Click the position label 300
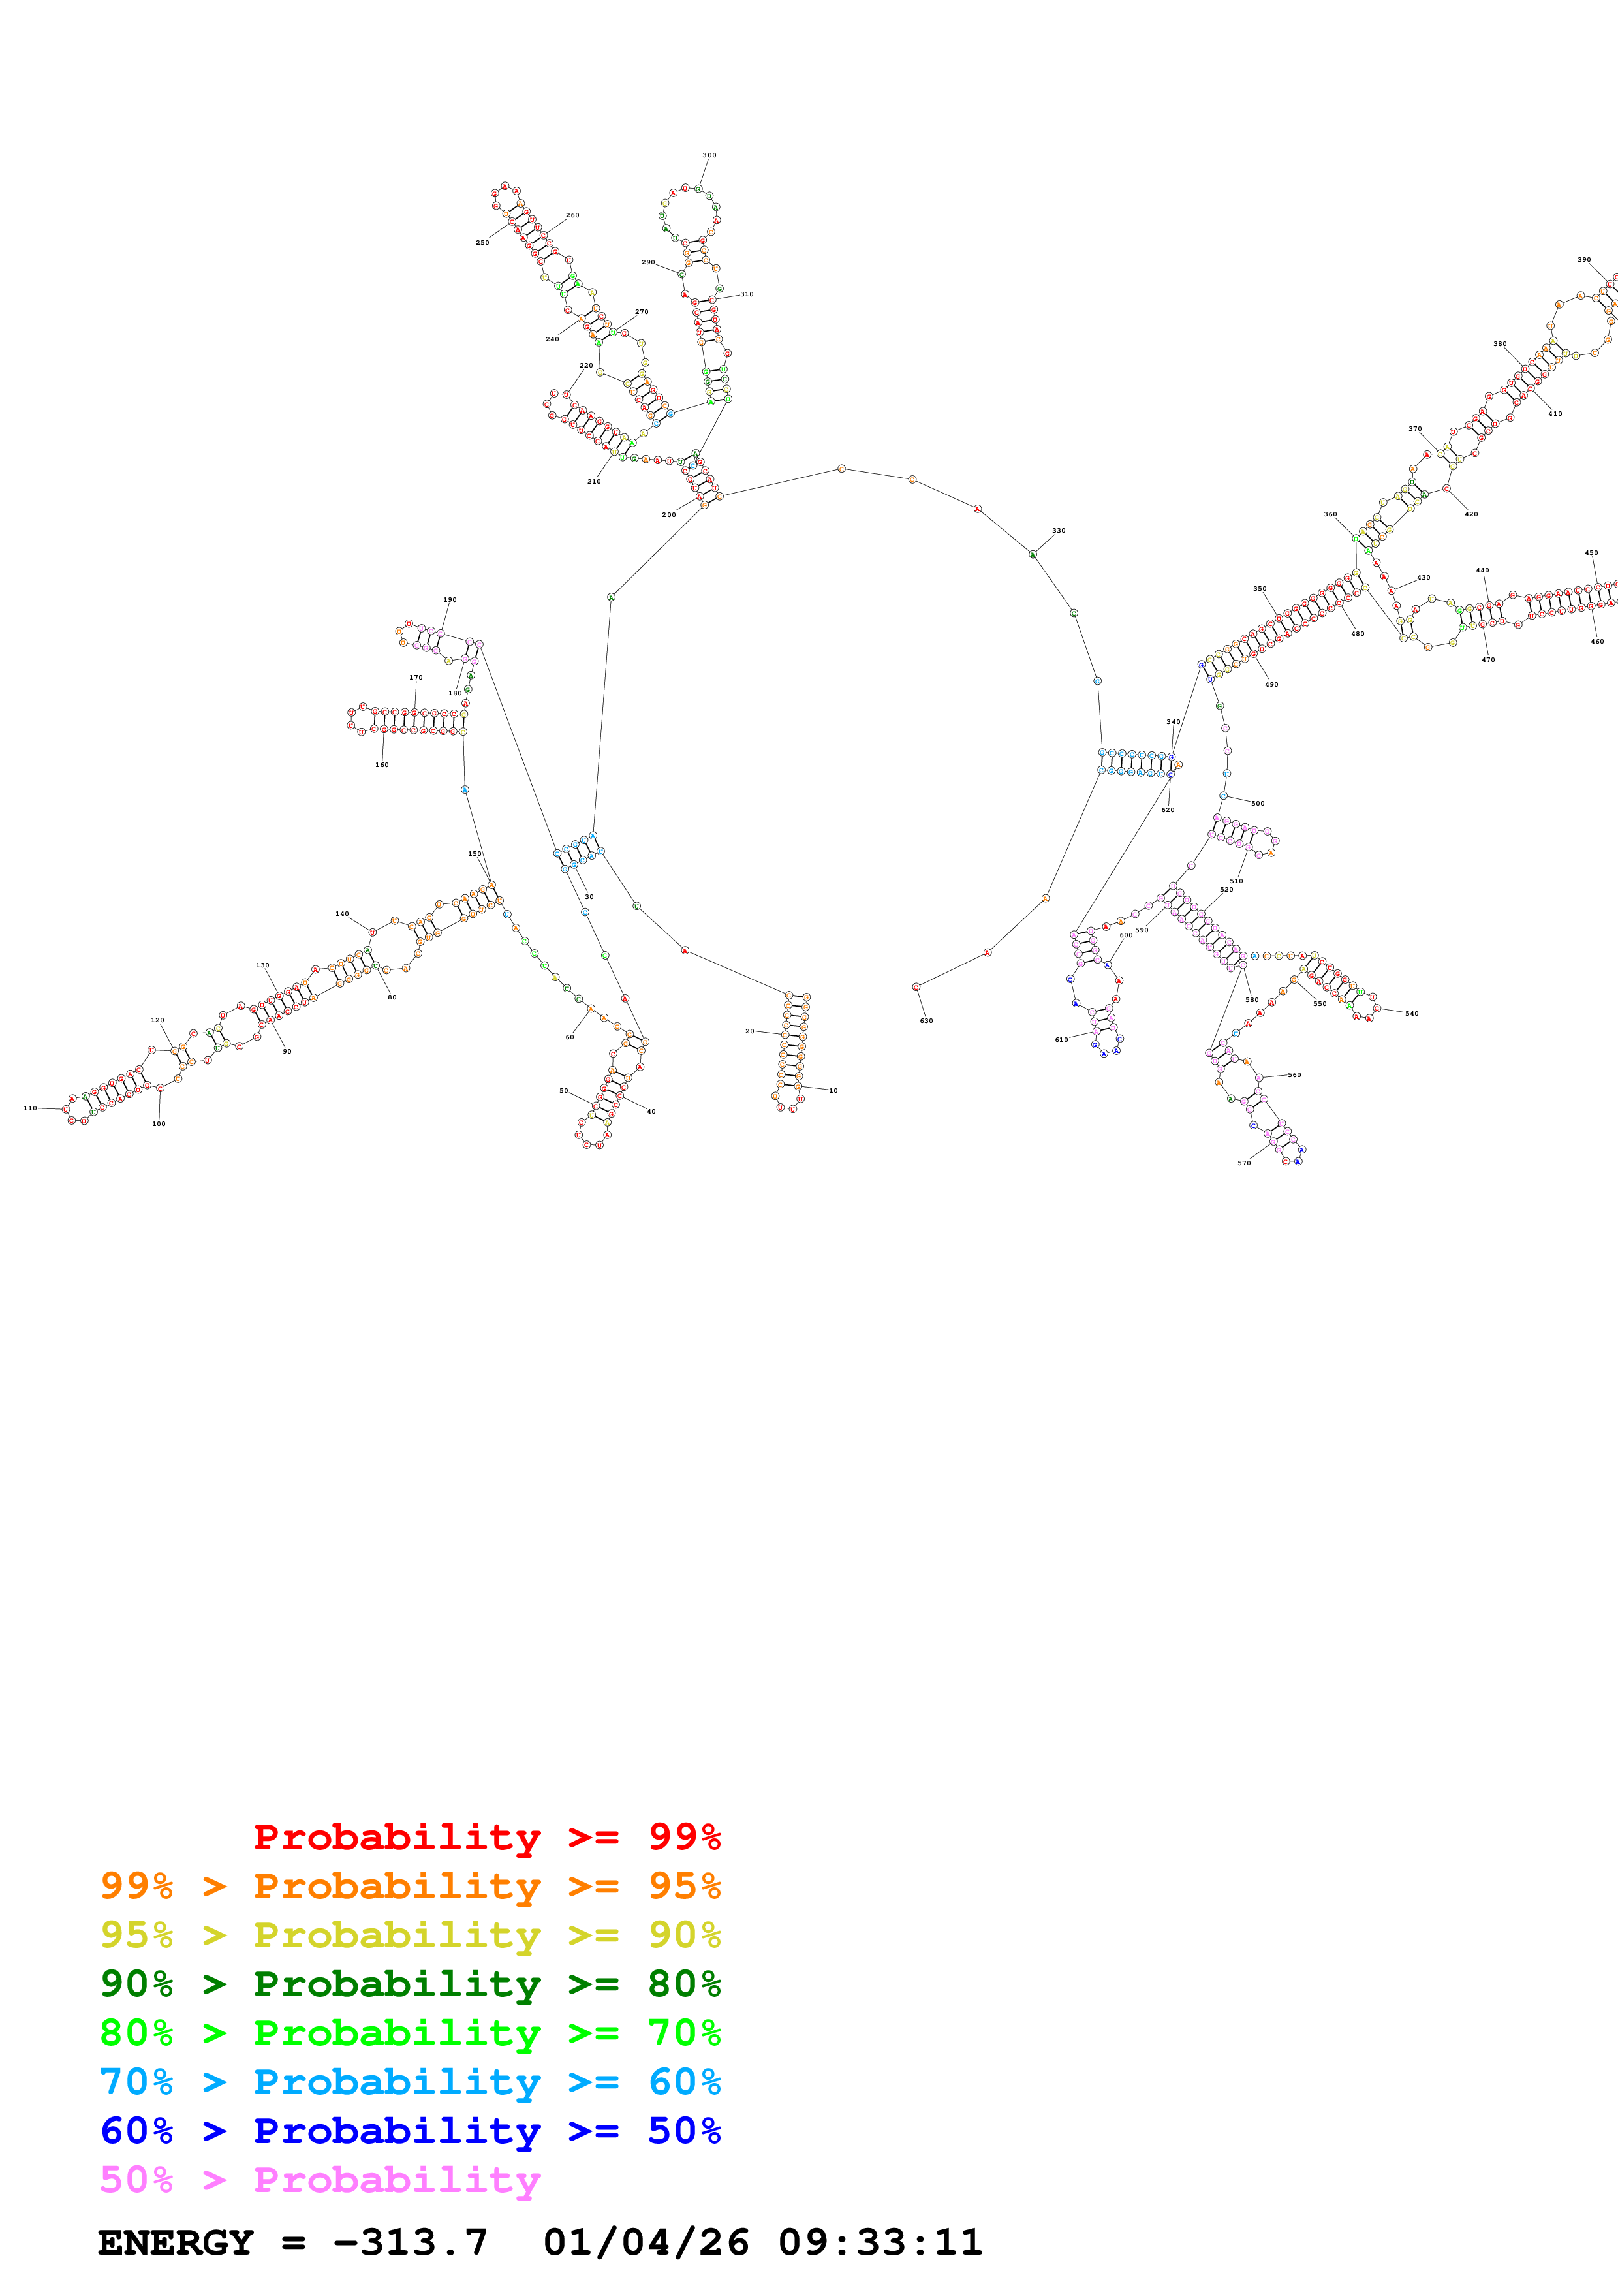click(709, 155)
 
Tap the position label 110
click(30, 1108)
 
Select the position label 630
click(926, 1020)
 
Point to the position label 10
click(833, 1090)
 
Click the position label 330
click(1059, 531)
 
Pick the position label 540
click(1412, 1013)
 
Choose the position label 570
click(1244, 1163)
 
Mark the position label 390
click(1584, 259)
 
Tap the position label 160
click(382, 765)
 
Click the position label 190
click(450, 601)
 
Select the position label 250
click(482, 242)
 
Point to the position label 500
click(1258, 803)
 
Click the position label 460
click(1597, 641)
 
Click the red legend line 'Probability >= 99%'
click(486, 1837)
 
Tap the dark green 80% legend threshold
click(684, 1984)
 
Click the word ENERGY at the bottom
click(176, 2242)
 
